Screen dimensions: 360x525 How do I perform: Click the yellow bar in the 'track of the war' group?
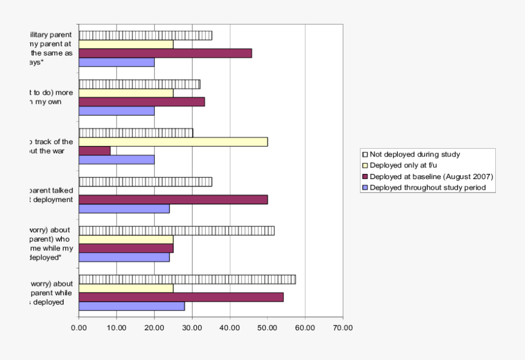coord(173,142)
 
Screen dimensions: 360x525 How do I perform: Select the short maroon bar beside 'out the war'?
coord(94,151)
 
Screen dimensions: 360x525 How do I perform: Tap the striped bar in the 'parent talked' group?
coord(145,181)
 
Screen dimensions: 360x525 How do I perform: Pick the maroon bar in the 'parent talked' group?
coord(173,200)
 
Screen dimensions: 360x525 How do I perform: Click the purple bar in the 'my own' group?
coord(117,111)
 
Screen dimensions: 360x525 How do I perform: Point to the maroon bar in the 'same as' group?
coord(165,53)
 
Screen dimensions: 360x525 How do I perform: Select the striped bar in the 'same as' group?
coord(145,36)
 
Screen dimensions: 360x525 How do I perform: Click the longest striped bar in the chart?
coord(187,279)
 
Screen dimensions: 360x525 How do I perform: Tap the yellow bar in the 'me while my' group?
coord(126,239)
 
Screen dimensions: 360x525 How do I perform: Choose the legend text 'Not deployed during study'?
coord(415,155)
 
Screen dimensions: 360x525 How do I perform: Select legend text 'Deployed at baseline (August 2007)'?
coord(432,176)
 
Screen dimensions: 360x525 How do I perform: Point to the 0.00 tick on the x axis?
coord(79,328)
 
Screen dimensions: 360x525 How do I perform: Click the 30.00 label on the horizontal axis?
coord(192,328)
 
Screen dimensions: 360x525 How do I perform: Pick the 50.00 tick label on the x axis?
coord(267,328)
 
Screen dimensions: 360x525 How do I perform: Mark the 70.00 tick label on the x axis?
coord(343,328)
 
